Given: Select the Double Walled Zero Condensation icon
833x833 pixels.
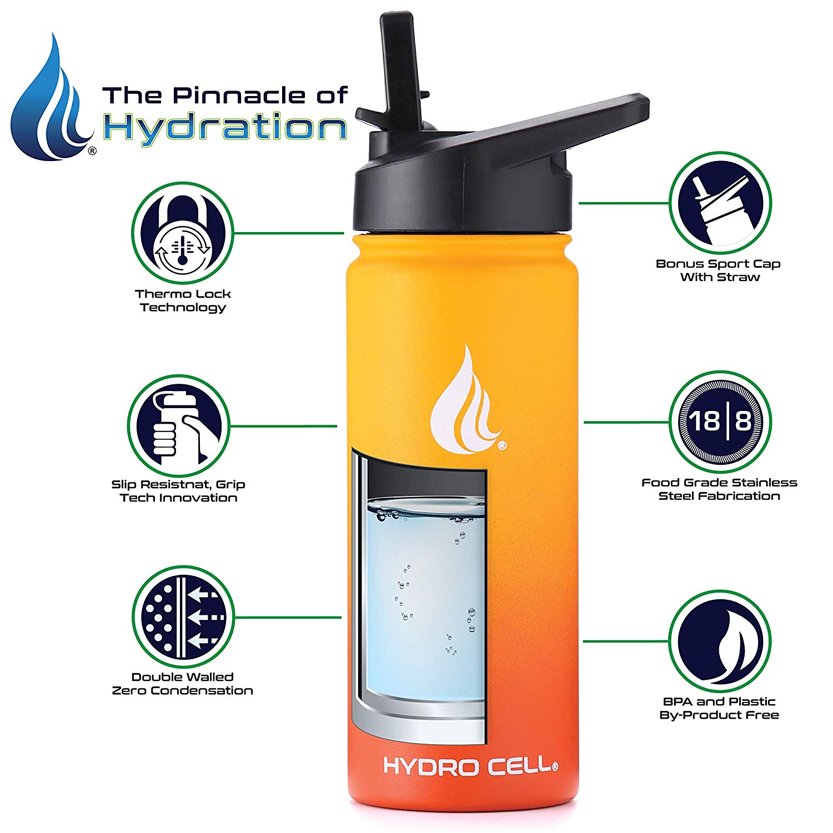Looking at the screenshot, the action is click(x=183, y=617).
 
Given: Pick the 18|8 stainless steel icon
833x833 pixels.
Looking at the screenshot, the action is click(x=720, y=421).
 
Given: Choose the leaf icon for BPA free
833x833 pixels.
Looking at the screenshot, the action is click(x=720, y=641).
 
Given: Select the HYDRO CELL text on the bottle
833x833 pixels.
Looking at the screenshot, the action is click(x=470, y=766).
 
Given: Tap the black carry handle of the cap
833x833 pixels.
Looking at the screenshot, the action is click(x=533, y=133).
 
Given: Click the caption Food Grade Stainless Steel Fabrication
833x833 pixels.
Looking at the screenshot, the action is click(x=720, y=489).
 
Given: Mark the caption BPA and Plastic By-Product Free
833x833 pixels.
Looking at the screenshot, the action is click(x=720, y=708).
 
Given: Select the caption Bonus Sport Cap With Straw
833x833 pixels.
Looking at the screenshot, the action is click(x=719, y=270).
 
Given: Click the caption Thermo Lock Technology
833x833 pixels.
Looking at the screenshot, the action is click(x=183, y=300).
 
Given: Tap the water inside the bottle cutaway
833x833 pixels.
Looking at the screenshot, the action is click(x=425, y=600).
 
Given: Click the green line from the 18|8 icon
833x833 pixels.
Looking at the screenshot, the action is click(x=626, y=422).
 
